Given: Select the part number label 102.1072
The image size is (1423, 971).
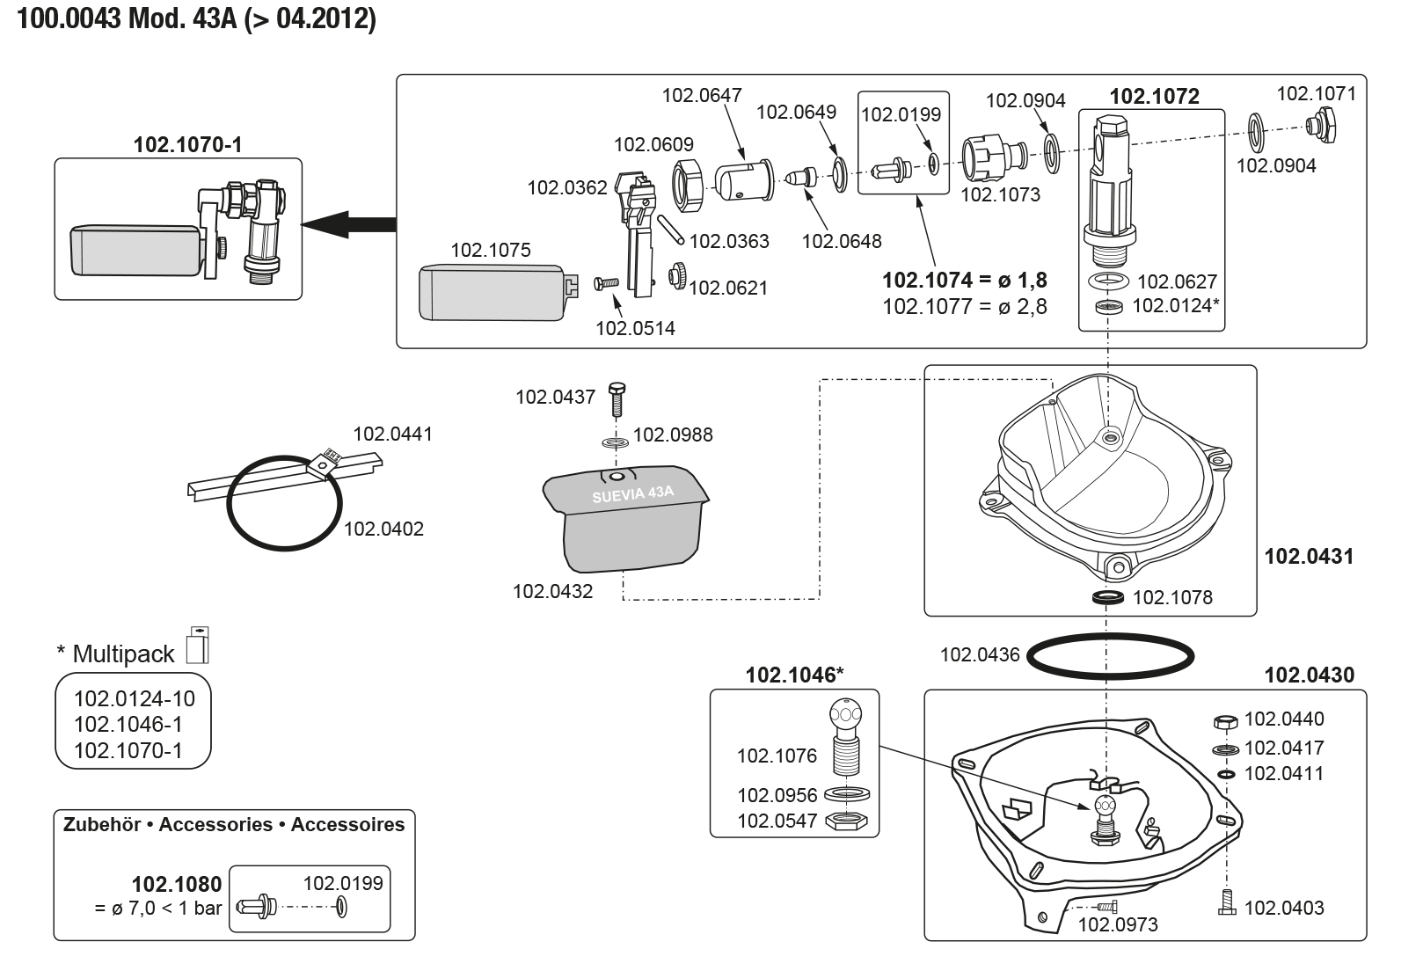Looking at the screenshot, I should coord(1154,97).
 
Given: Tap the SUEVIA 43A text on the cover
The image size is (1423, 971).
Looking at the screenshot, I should coord(632,494).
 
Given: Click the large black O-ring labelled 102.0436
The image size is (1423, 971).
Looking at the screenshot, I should coord(1111,655).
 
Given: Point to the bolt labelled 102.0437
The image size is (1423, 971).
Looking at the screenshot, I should coord(616,401).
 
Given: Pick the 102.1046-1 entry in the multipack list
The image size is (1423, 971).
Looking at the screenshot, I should coord(128,726).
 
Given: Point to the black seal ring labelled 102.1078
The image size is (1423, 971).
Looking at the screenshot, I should coord(1111,599).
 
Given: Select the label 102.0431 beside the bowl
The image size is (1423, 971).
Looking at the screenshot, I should coord(1309,556).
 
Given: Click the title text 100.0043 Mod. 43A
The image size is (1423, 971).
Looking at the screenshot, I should coord(197,19).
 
